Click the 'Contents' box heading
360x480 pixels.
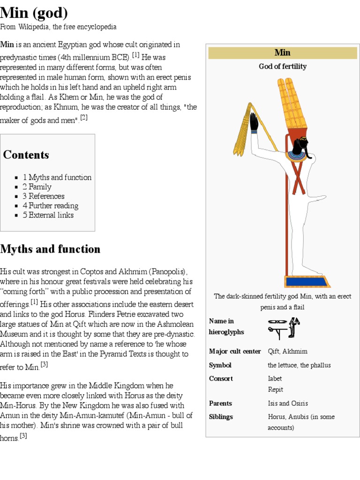tap(26, 155)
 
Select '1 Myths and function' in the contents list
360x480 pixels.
tap(57, 178)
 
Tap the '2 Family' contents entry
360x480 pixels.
tap(37, 187)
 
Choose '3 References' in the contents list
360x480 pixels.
tap(44, 196)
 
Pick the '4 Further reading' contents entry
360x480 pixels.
tap(51, 206)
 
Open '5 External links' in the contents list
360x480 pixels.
tap(48, 215)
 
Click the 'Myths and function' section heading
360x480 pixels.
tap(50, 249)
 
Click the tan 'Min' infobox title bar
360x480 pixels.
tap(282, 52)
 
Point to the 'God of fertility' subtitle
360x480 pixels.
tap(282, 67)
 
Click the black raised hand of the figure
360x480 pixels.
tap(254, 122)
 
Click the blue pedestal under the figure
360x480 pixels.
tap(307, 282)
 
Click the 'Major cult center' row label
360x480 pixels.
tap(235, 352)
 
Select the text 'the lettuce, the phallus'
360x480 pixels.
tap(299, 365)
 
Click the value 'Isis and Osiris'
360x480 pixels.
tap(288, 403)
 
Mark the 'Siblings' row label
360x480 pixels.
tap(221, 417)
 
